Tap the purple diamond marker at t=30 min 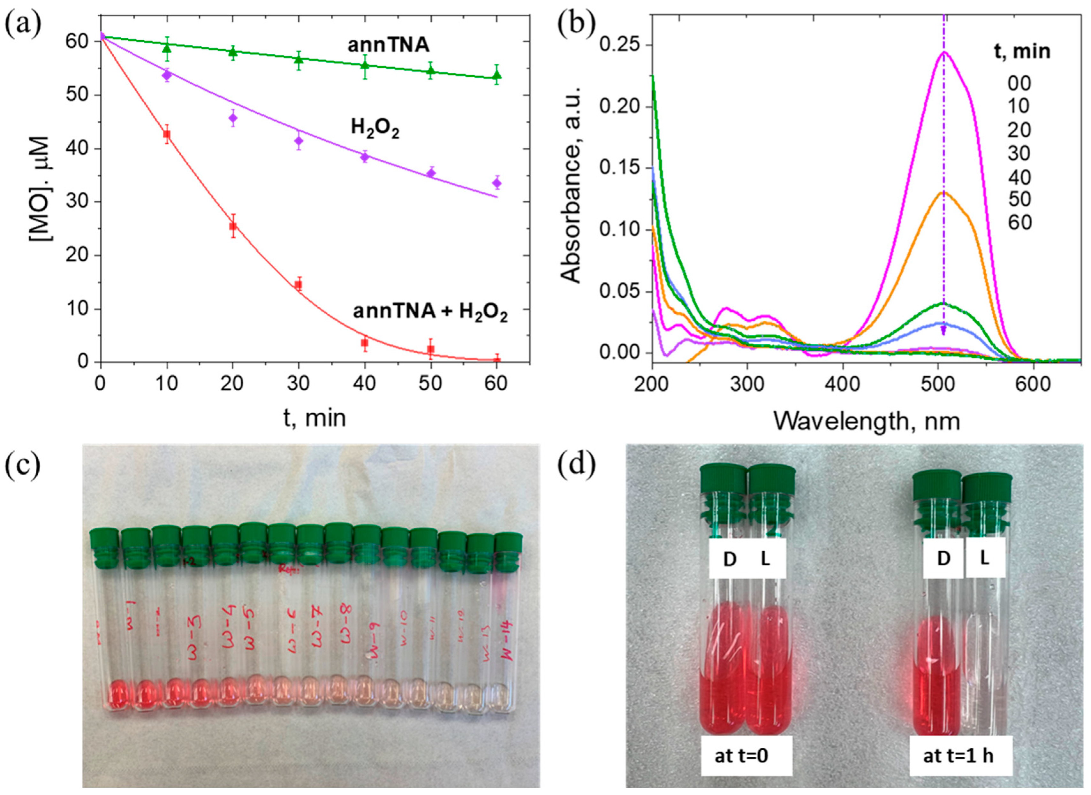pos(299,141)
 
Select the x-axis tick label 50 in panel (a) pos(430,384)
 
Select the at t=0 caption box pos(741,755)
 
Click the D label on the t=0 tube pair pos(730,559)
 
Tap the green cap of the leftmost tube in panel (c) pos(103,539)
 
